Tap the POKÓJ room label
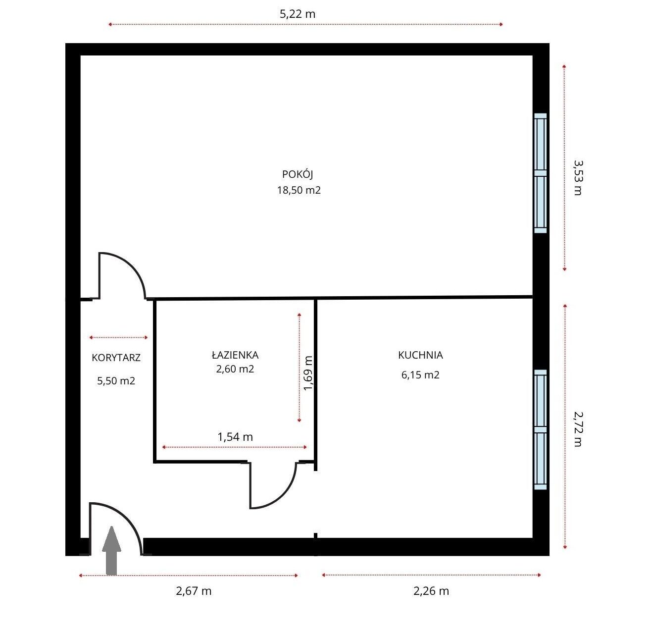[x=298, y=174]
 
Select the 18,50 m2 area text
[x=299, y=190]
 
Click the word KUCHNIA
[x=420, y=355]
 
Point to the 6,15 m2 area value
[x=420, y=374]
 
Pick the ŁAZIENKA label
[x=235, y=355]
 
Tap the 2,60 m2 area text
[x=235, y=369]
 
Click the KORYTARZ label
[x=116, y=358]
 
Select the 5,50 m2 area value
[x=116, y=380]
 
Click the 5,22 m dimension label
[x=298, y=14]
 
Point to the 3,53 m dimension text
[x=578, y=177]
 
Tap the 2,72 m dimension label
[x=578, y=429]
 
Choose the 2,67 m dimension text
[x=194, y=591]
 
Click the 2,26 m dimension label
[x=431, y=591]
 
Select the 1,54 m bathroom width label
[x=235, y=437]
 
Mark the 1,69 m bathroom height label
[x=307, y=373]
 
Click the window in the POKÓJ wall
[x=540, y=173]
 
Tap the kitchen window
[x=540, y=429]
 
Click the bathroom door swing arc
[x=284, y=495]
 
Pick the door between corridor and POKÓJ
[x=122, y=275]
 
